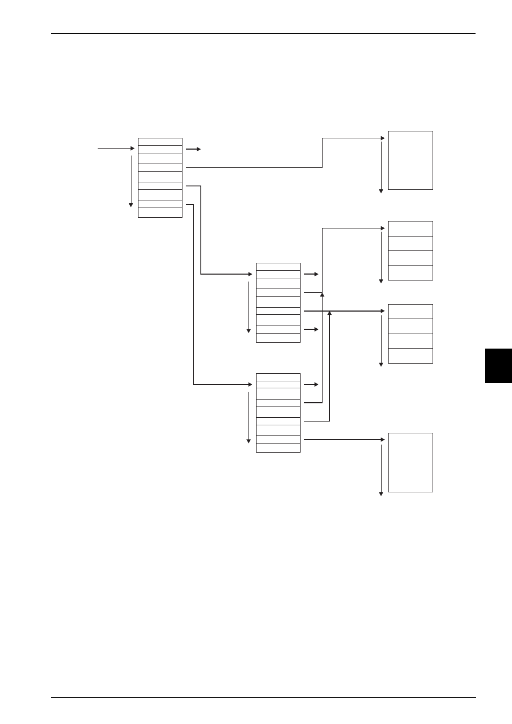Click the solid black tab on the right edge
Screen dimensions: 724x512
coord(498,365)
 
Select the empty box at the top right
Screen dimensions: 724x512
coord(410,160)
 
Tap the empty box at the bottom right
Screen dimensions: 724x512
coord(410,462)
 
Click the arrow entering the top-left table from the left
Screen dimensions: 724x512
coord(116,148)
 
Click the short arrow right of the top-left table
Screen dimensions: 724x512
coord(193,149)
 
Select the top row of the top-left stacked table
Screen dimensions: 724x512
coord(160,142)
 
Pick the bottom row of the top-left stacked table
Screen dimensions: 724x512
coord(160,213)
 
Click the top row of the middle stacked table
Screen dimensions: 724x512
coord(278,267)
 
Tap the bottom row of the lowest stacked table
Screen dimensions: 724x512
coord(278,448)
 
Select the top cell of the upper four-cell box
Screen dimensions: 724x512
coord(410,228)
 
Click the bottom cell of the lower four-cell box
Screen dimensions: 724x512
coord(410,356)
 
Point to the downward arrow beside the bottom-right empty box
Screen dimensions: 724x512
coord(381,469)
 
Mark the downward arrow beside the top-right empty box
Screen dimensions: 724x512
coord(381,166)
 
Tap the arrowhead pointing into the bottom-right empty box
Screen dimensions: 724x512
coord(383,440)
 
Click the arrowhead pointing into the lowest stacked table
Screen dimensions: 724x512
coord(250,385)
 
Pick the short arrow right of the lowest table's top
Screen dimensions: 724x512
coord(311,385)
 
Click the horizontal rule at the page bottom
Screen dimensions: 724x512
coord(263,697)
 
